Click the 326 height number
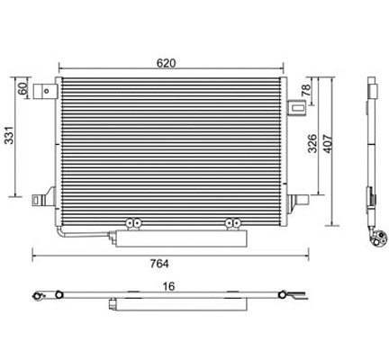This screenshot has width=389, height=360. click(312, 144)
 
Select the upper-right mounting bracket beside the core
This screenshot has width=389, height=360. click(294, 108)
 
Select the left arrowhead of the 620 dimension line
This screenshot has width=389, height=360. click(60, 69)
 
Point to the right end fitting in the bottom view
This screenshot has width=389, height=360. click(287, 296)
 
